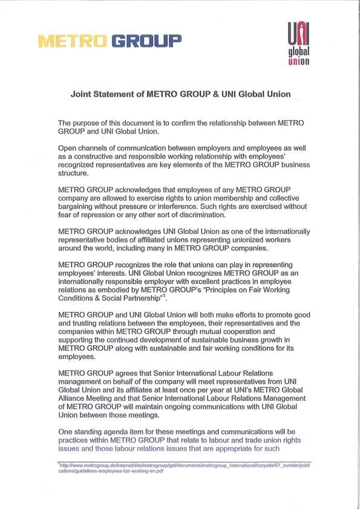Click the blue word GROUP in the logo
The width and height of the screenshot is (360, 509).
146,41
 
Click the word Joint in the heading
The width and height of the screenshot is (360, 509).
82,95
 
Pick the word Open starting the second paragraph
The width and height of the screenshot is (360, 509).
68,148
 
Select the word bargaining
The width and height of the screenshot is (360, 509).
77,206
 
